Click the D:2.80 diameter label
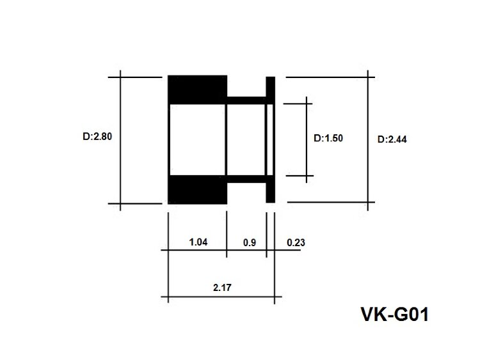(x=97, y=136)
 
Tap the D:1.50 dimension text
(x=328, y=138)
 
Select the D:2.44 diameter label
(x=392, y=139)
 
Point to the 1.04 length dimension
(x=198, y=242)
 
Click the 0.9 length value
(x=250, y=242)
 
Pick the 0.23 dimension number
(x=296, y=242)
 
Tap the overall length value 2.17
(x=222, y=288)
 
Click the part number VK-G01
(x=395, y=314)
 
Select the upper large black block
(x=198, y=90)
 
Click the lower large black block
(x=198, y=190)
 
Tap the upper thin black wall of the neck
(x=246, y=100)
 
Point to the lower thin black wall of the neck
(x=246, y=179)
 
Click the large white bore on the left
(x=198, y=140)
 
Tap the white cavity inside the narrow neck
(x=246, y=140)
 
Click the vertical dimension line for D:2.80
(x=120, y=141)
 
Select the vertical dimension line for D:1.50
(x=307, y=140)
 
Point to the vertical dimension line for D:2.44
(x=367, y=141)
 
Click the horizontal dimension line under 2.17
(x=221, y=297)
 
